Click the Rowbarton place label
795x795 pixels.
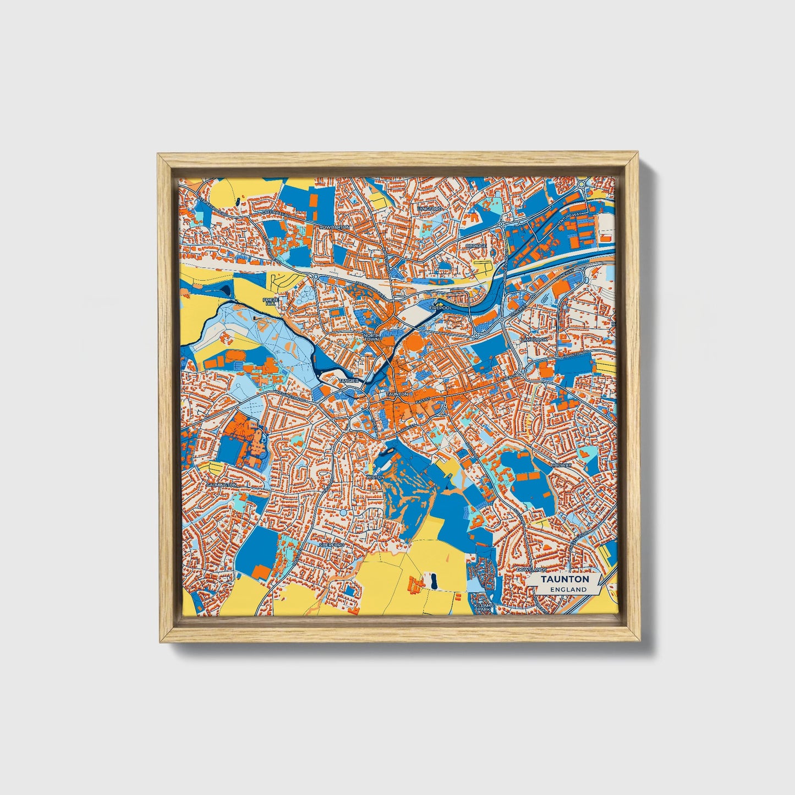tap(334, 227)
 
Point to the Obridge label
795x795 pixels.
tap(476, 246)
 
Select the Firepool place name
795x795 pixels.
tap(440, 308)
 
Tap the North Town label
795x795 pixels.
tap(371, 337)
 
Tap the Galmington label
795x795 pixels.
tap(221, 485)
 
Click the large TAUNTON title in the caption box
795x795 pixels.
tap(564, 579)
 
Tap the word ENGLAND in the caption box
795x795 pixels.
tap(568, 589)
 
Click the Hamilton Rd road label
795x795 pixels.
tap(575, 355)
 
